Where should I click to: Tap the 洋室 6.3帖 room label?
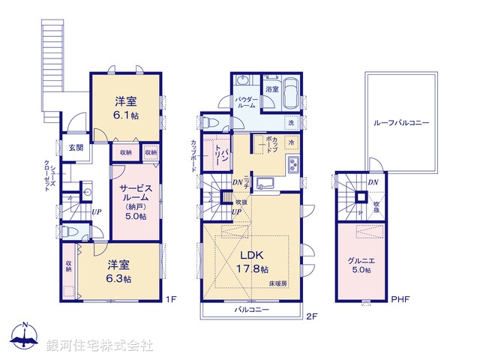tap(118, 271)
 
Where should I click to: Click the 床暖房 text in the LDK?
tap(280, 283)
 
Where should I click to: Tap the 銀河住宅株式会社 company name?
tap(100, 346)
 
